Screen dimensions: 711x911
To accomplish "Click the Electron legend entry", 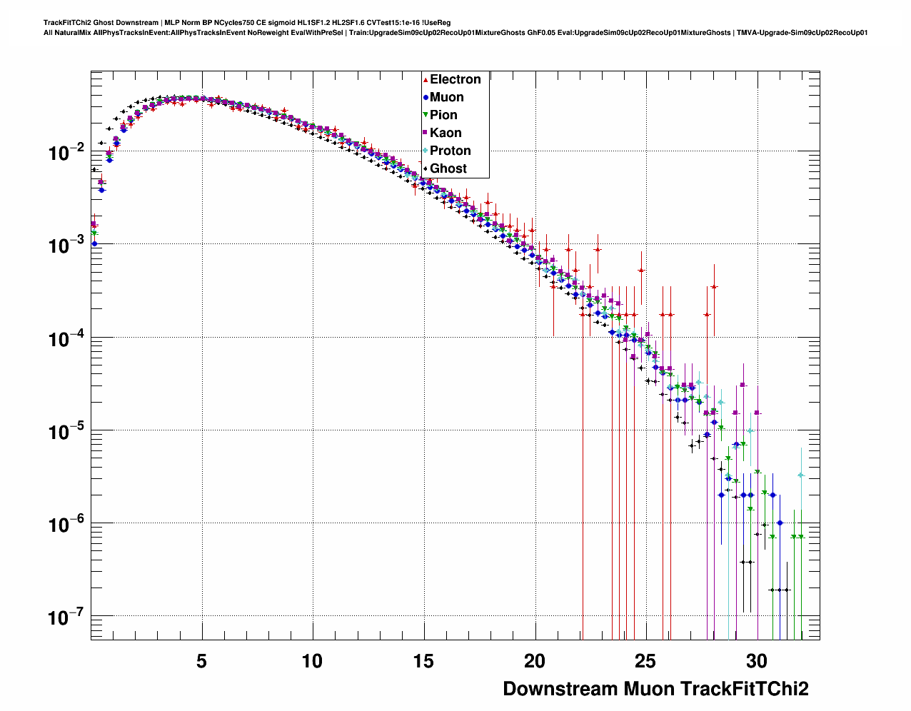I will pyautogui.click(x=455, y=79).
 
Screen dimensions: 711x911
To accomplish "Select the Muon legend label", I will pyautogui.click(x=446, y=97).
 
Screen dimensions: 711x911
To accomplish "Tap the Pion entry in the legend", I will pyautogui.click(x=443, y=115).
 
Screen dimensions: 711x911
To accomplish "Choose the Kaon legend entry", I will pyautogui.click(x=446, y=133).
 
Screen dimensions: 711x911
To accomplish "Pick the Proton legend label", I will pyautogui.click(x=450, y=151).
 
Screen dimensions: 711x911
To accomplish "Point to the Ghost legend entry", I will pyautogui.click(x=448, y=168).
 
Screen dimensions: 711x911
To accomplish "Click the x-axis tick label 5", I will pyautogui.click(x=201, y=662).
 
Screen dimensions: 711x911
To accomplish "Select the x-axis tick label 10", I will pyautogui.click(x=312, y=662).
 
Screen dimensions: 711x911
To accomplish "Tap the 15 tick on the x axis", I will pyautogui.click(x=423, y=662).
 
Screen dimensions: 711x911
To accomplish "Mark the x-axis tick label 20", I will pyautogui.click(x=535, y=662).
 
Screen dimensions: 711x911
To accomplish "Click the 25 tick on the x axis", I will pyautogui.click(x=645, y=662).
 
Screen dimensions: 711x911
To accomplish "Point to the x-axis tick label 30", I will pyautogui.click(x=757, y=662).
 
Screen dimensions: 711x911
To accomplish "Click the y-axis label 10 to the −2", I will pyautogui.click(x=67, y=152).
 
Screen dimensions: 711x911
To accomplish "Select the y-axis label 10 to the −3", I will pyautogui.click(x=67, y=245).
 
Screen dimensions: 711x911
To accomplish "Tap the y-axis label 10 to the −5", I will pyautogui.click(x=67, y=431).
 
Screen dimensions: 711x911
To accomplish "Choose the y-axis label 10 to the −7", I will pyautogui.click(x=67, y=617).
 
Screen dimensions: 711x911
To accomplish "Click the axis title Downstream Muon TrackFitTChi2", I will pyautogui.click(x=655, y=689).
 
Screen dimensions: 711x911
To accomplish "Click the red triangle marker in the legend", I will pyautogui.click(x=426, y=80).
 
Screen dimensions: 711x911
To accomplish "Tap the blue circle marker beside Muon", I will pyautogui.click(x=426, y=98).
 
